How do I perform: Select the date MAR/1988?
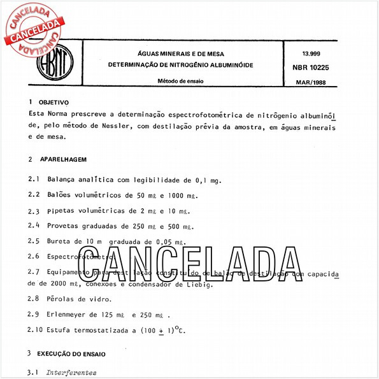[311, 83]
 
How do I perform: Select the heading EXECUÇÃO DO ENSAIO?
[72, 353]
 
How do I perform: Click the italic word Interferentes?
[71, 372]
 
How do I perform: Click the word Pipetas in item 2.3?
[61, 211]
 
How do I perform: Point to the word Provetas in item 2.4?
[63, 226]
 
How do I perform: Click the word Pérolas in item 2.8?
[61, 299]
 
